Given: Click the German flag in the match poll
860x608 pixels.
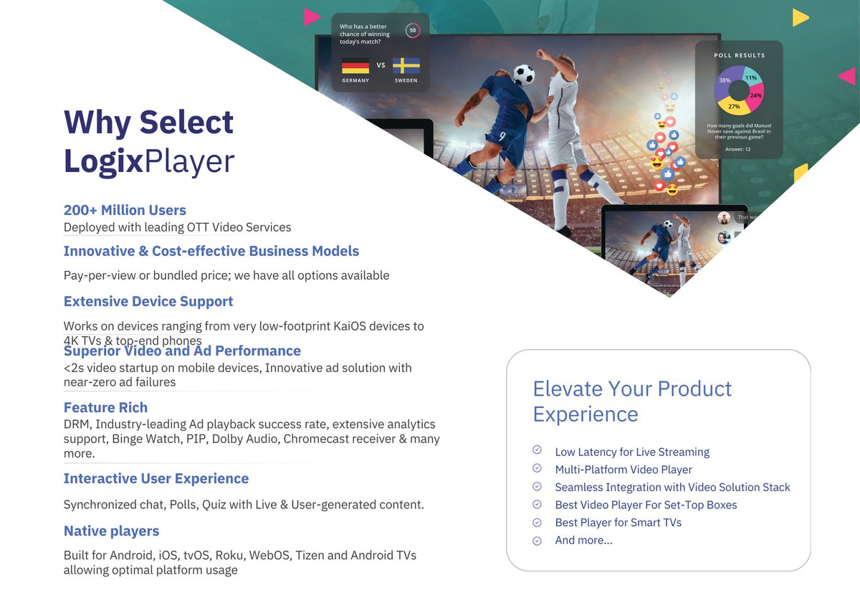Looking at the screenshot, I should (355, 66).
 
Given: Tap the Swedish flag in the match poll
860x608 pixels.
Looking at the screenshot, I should (406, 66).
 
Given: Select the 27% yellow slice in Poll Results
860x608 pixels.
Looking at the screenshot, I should (735, 106).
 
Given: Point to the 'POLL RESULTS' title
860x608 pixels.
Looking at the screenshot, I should (739, 55).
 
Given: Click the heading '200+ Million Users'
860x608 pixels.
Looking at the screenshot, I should (125, 210).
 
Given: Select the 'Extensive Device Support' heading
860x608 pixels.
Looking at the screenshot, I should (148, 301).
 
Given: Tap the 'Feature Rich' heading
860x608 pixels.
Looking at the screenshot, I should (105, 407).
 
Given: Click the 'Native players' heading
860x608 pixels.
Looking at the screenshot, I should (111, 531).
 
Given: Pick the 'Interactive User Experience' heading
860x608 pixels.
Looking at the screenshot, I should (156, 478).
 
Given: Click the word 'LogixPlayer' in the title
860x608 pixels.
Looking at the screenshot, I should (149, 161).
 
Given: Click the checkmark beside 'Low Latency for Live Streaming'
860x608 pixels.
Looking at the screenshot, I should (537, 451).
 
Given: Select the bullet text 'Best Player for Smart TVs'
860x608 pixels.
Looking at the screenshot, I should (618, 523).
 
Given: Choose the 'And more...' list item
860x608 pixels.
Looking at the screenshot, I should (583, 540).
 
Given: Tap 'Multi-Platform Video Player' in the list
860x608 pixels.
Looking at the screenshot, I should (623, 470).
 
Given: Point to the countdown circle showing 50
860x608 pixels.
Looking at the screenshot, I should (413, 30).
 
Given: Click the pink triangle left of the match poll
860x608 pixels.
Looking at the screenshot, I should (311, 17).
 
